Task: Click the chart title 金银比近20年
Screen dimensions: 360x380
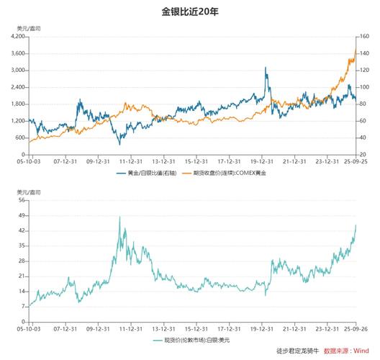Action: coord(190,12)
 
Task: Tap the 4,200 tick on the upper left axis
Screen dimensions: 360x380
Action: coord(17,36)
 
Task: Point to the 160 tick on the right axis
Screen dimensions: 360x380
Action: coord(365,36)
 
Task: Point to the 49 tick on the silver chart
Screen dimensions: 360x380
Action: coord(22,215)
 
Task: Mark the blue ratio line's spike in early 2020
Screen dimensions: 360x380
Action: coord(265,68)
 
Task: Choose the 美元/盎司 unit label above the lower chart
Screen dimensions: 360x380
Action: coord(28,192)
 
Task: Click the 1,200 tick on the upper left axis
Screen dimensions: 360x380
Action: coord(17,120)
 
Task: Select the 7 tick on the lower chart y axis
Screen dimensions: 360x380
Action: coord(23,306)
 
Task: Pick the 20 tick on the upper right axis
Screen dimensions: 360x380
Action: coord(363,154)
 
